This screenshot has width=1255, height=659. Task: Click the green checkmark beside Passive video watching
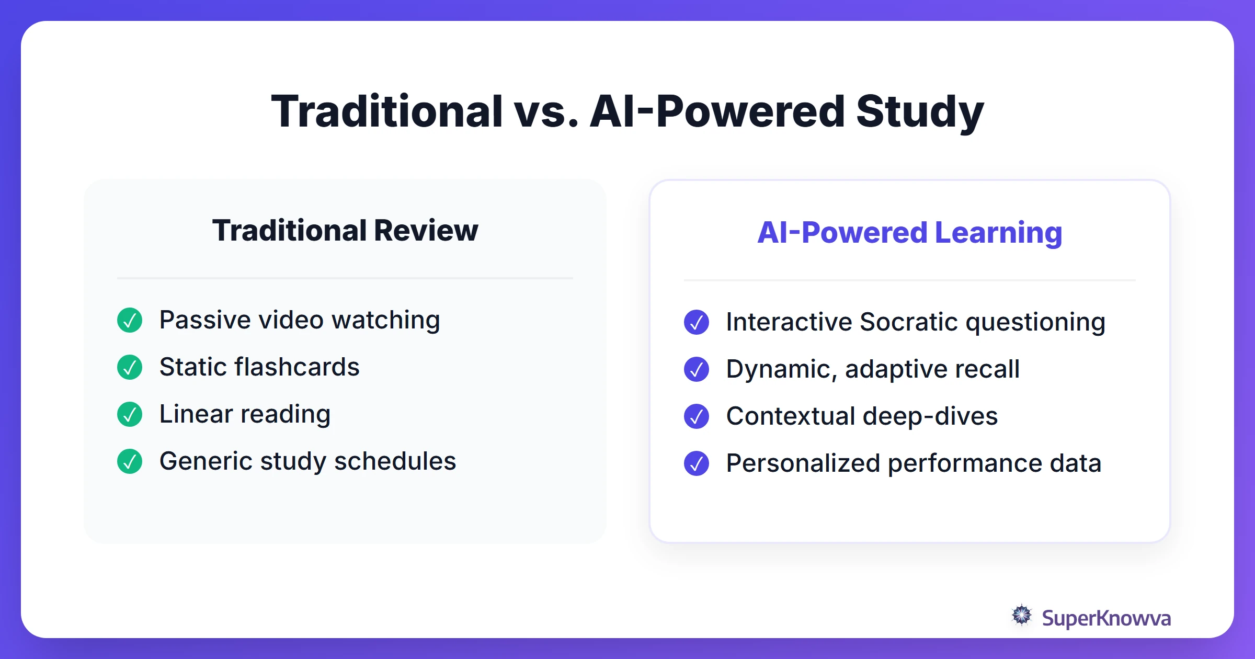click(130, 320)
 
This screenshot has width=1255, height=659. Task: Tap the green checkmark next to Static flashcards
click(130, 367)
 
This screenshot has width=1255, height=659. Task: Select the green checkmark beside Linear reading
click(130, 414)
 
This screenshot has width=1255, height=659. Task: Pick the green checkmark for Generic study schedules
click(130, 461)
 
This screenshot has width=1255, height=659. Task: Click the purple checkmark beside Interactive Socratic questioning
click(697, 322)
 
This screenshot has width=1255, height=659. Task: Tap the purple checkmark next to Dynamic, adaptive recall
click(697, 369)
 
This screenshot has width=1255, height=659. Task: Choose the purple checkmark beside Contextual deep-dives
click(697, 416)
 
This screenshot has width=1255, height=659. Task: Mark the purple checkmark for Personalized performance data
click(697, 463)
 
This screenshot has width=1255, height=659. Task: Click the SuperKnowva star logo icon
click(1022, 616)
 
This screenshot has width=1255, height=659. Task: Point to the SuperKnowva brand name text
click(1106, 618)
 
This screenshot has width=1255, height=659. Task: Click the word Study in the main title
click(920, 112)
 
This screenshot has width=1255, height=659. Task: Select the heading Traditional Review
click(345, 231)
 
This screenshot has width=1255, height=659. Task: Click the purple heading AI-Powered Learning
click(910, 233)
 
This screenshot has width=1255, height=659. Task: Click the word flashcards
click(296, 367)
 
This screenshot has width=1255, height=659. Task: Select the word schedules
click(395, 461)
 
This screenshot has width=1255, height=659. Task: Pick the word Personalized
click(803, 463)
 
